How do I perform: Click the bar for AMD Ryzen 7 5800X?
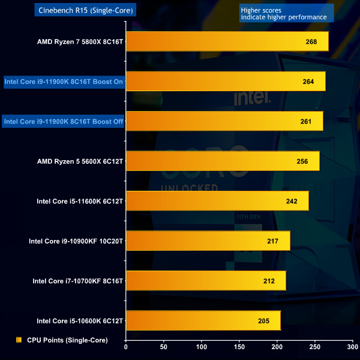(x=227, y=41)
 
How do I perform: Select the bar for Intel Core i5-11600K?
(x=217, y=201)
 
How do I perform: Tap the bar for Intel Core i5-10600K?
(x=203, y=320)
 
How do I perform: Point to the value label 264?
(x=309, y=82)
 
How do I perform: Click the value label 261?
(x=306, y=121)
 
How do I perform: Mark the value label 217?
(x=274, y=241)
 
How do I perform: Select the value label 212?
(x=269, y=281)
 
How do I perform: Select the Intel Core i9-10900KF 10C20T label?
(x=76, y=241)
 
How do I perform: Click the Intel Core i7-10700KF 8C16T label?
(x=78, y=281)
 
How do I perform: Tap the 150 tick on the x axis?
(x=239, y=346)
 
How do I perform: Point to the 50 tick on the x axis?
(x=164, y=346)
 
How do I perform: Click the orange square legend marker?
(x=19, y=340)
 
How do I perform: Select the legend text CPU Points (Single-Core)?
(x=67, y=340)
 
